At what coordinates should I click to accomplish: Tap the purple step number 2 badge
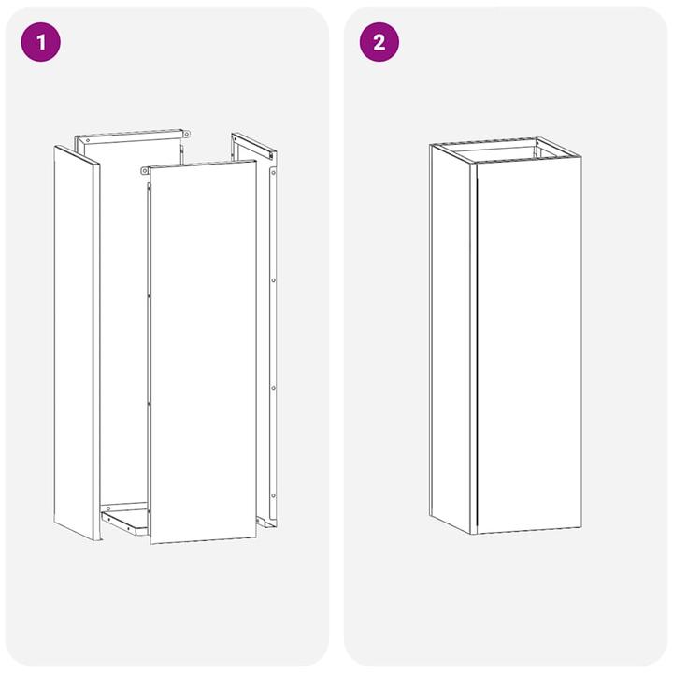(379, 42)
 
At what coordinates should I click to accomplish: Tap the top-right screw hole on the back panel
(186, 135)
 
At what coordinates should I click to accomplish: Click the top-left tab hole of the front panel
(145, 171)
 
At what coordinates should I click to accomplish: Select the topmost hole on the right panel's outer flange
(273, 172)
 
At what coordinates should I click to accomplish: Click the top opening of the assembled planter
(505, 150)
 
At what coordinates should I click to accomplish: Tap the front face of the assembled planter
(529, 346)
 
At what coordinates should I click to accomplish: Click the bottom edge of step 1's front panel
(203, 539)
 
